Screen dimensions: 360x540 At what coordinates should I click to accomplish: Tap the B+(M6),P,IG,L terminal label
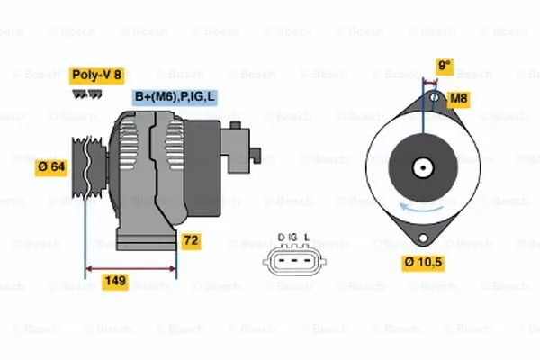(x=175, y=97)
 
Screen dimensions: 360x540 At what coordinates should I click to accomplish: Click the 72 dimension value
(x=190, y=241)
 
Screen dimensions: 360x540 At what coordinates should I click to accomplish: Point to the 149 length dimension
(x=114, y=281)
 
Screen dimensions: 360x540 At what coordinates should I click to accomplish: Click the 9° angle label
(x=443, y=66)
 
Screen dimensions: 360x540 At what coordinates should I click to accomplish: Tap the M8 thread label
(x=459, y=98)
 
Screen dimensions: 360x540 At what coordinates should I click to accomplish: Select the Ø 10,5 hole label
(x=424, y=262)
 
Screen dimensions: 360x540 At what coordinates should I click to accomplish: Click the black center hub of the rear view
(x=422, y=167)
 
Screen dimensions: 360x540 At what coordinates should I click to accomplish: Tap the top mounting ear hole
(x=433, y=98)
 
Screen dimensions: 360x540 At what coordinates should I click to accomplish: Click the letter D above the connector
(x=280, y=237)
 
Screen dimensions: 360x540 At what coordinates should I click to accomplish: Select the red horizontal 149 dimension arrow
(x=131, y=268)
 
